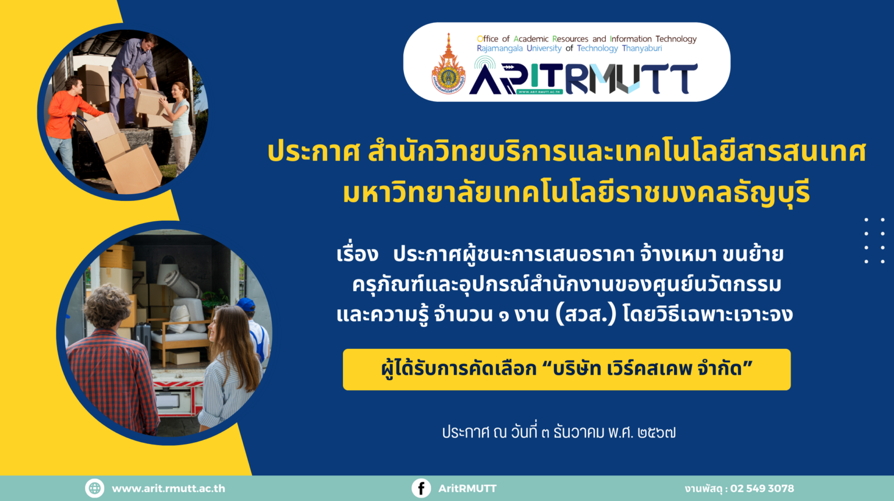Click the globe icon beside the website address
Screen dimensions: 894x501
tap(95, 488)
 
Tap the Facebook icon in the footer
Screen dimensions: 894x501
tap(421, 488)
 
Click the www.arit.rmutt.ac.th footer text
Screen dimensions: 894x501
tap(168, 489)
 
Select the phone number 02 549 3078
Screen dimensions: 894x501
tap(762, 488)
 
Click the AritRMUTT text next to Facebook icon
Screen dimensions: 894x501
tap(467, 488)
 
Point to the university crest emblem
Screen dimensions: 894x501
tap(448, 65)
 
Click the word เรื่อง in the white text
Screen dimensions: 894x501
tap(357, 253)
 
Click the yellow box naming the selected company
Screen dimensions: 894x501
tap(567, 369)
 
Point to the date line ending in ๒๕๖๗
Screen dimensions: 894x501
tap(559, 432)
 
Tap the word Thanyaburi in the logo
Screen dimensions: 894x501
tap(642, 49)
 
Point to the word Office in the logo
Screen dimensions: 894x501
tap(487, 39)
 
